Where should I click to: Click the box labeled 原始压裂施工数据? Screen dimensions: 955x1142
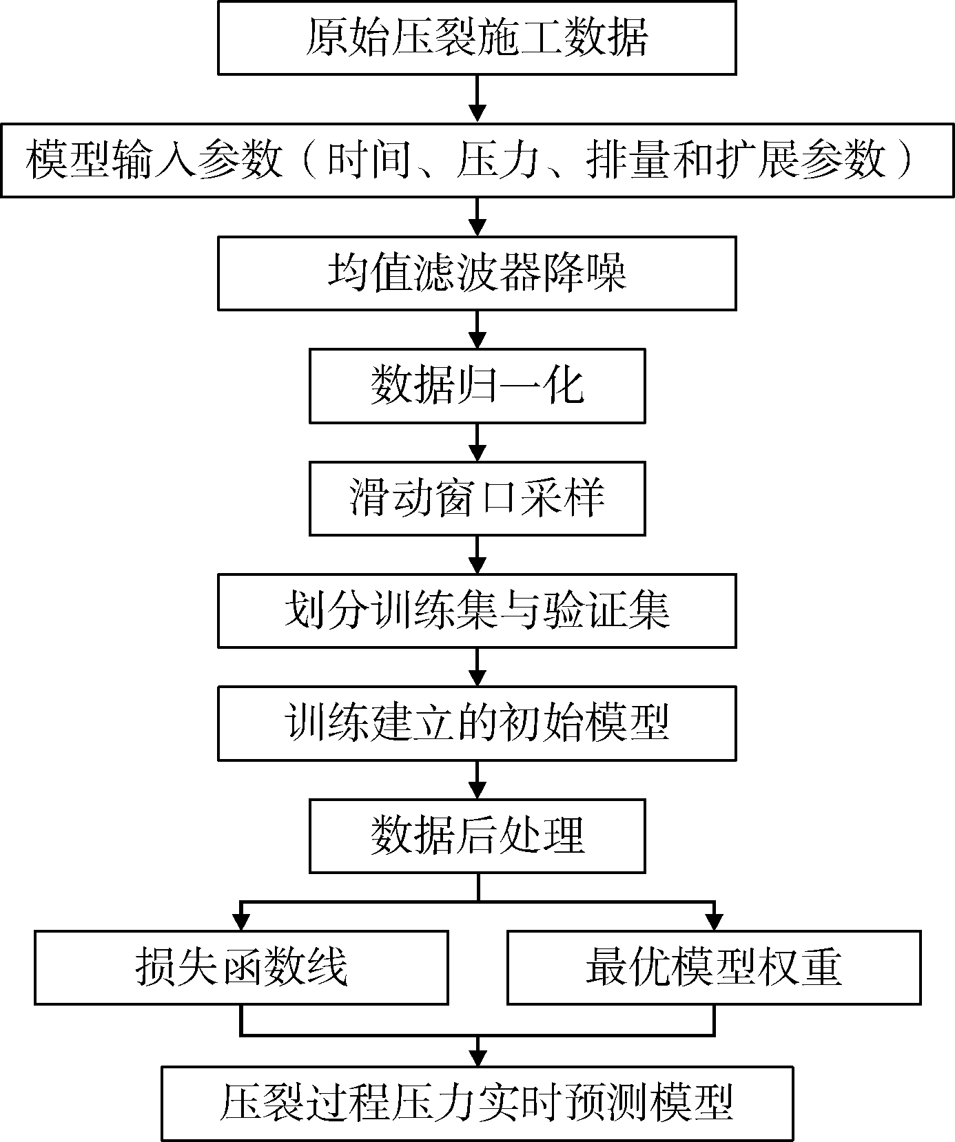click(477, 37)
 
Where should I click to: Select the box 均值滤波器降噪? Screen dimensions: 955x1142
click(477, 273)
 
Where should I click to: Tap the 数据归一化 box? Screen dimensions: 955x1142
click(477, 386)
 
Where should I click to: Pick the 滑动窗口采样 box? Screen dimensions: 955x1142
click(477, 499)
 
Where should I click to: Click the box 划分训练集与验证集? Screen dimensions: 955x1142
click(477, 611)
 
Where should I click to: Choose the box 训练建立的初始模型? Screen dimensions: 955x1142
click(477, 723)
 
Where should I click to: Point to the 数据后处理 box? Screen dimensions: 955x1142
click(477, 836)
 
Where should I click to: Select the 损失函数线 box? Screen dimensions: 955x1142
click(241, 967)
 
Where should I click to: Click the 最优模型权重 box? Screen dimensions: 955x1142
click(714, 967)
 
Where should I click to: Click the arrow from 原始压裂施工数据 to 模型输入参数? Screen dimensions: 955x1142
click(477, 98)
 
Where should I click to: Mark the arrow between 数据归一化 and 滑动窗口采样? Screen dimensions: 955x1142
click(477, 442)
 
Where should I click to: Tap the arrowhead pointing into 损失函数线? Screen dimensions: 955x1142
click(241, 921)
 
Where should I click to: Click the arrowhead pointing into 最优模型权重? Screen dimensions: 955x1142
click(714, 921)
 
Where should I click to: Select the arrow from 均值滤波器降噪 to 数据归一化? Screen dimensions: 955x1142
click(477, 330)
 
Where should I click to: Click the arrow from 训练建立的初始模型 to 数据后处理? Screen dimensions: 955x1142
click(477, 780)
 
